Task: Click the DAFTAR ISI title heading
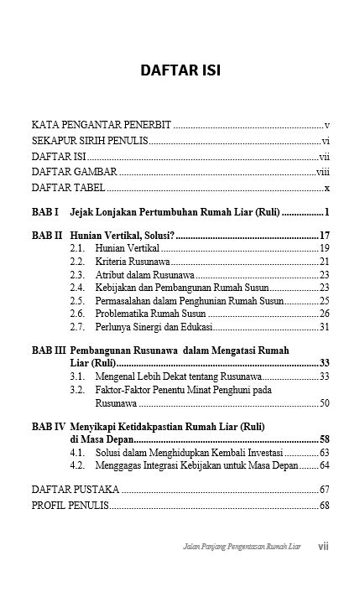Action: [x=180, y=70]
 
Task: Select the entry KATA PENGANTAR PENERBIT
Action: [x=102, y=125]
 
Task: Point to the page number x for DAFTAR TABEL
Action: [x=326, y=188]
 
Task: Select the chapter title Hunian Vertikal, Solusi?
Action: [x=122, y=235]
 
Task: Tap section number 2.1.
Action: [x=78, y=248]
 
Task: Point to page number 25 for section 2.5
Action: [x=324, y=300]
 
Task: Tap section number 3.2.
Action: [x=78, y=390]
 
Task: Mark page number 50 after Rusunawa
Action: [x=324, y=403]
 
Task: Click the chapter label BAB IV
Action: [x=49, y=426]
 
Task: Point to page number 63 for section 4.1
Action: [x=324, y=452]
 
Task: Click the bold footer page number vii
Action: [x=323, y=546]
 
